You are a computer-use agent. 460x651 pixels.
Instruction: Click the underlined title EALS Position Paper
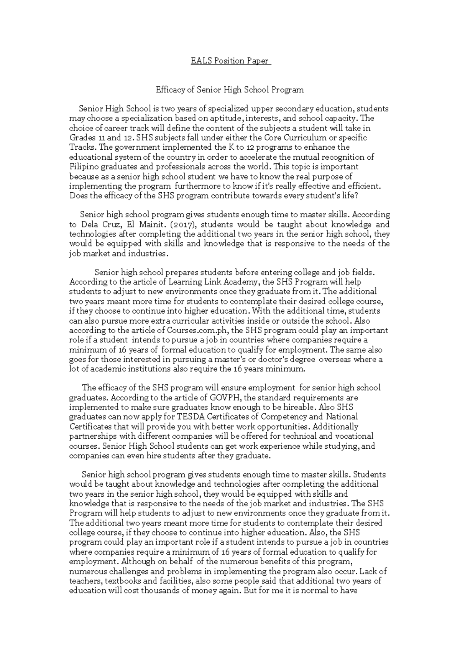(231, 61)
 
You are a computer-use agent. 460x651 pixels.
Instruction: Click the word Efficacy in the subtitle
(170, 90)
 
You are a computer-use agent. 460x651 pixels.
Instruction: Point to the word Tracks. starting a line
(81, 147)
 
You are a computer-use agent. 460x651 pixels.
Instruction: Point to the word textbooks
(121, 581)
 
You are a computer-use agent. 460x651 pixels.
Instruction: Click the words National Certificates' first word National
(342, 417)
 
